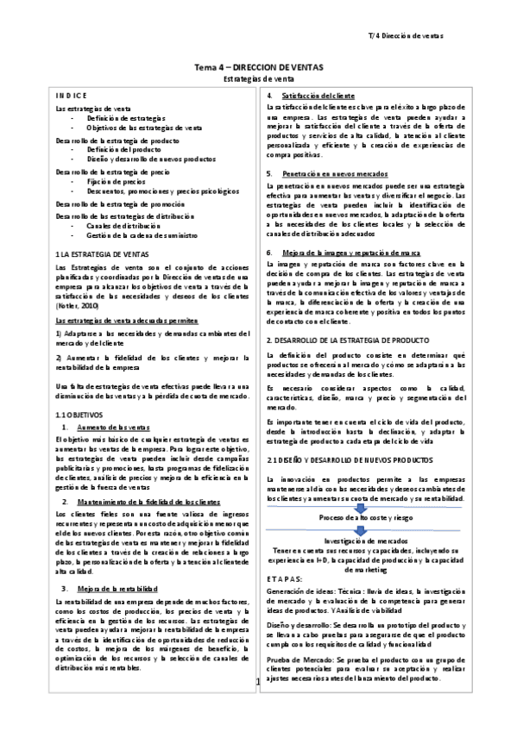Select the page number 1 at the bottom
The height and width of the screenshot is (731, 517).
tap(259, 684)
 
